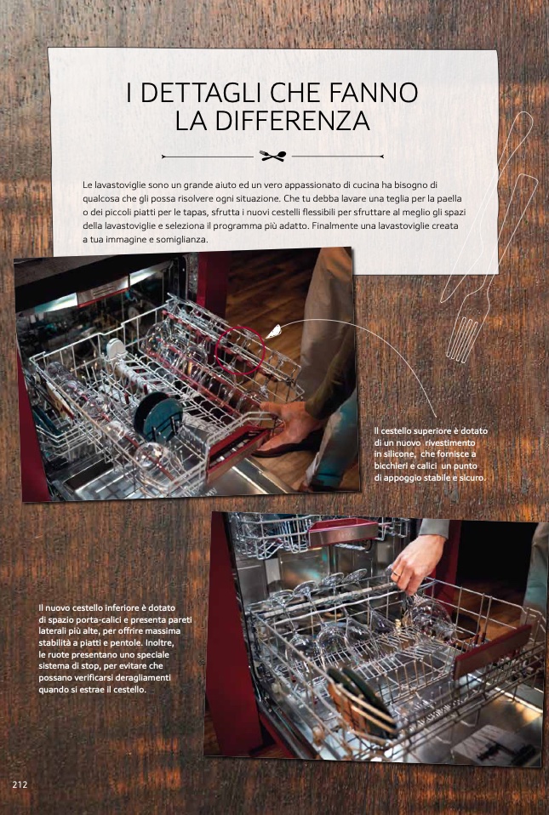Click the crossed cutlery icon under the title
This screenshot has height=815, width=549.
pyautogui.click(x=273, y=156)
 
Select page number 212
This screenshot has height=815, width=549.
pyautogui.click(x=20, y=784)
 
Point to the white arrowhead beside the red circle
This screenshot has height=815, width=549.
pyautogui.click(x=273, y=332)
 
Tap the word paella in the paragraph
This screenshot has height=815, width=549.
pyautogui.click(x=449, y=199)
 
